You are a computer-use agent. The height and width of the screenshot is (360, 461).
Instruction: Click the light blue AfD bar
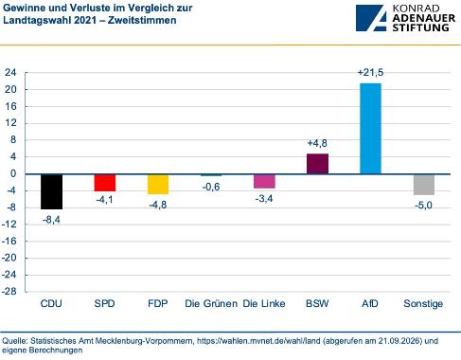(x=370, y=129)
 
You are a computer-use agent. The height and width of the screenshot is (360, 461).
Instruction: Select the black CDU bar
(x=52, y=191)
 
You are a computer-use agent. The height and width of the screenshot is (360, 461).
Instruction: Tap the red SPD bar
(x=105, y=183)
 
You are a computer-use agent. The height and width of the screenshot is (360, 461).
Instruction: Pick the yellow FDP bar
(x=158, y=184)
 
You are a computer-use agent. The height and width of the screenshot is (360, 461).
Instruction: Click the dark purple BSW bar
(x=317, y=164)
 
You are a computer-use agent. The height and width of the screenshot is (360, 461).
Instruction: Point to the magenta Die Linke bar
(x=264, y=181)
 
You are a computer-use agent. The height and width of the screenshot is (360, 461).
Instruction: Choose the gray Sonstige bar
(x=424, y=185)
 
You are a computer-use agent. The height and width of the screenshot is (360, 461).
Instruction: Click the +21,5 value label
(x=370, y=73)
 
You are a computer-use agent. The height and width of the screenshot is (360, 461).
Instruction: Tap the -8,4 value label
(x=51, y=220)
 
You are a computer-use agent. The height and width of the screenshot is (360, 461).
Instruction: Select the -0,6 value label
(x=211, y=187)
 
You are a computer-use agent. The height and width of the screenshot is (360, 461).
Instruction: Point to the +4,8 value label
(x=317, y=143)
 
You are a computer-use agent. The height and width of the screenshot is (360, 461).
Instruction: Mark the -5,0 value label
(x=423, y=206)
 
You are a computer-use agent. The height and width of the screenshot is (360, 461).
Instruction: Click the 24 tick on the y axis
(x=10, y=73)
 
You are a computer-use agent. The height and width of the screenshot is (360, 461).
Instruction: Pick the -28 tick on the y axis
(x=9, y=291)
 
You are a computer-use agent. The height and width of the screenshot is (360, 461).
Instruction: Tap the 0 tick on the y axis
(x=13, y=173)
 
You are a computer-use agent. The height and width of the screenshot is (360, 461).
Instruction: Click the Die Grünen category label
(x=211, y=303)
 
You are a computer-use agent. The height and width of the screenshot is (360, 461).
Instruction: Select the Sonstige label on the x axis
(x=423, y=304)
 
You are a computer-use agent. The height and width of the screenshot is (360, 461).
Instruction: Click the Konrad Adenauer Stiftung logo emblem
(x=371, y=18)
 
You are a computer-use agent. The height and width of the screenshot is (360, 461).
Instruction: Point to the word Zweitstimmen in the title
(x=142, y=20)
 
